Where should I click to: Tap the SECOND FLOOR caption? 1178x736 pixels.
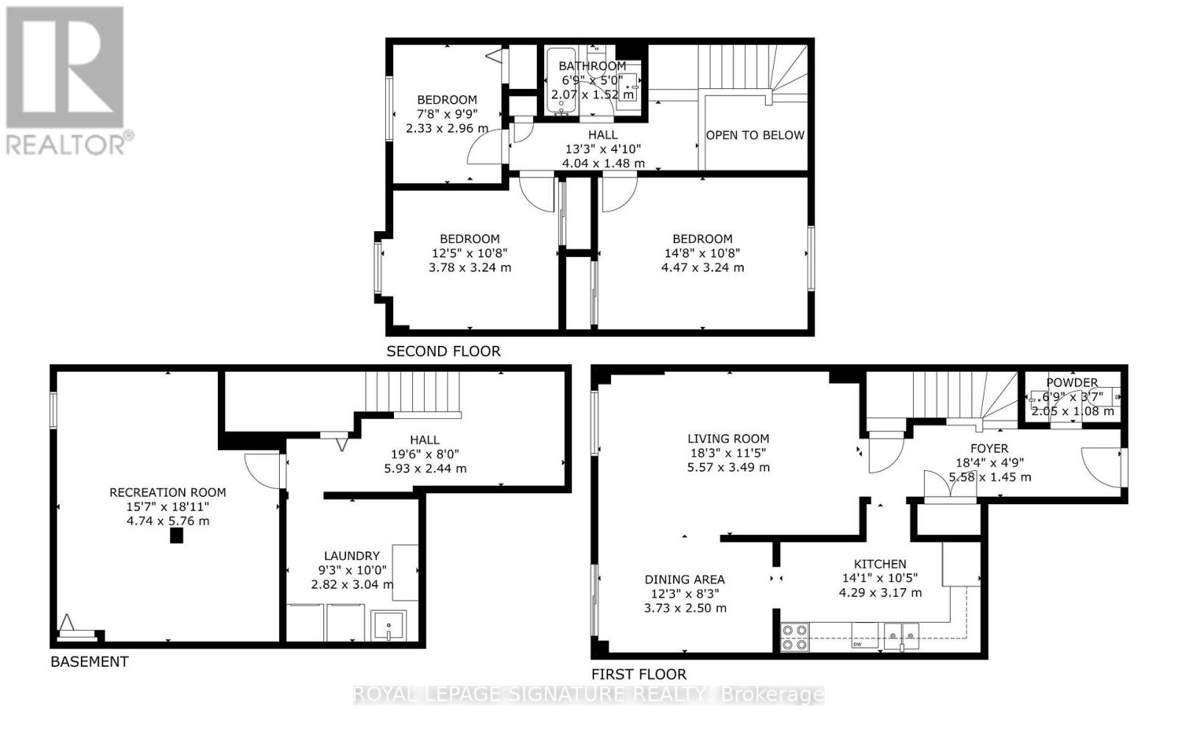coord(443,351)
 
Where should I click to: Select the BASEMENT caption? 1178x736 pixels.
coord(89,662)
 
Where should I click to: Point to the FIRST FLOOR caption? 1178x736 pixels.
coord(639,674)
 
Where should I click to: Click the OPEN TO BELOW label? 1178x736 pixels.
coord(755,135)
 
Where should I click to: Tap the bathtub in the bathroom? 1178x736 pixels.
coord(560,81)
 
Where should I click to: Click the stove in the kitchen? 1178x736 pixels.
coord(794,637)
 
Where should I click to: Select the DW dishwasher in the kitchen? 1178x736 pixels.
coord(864,636)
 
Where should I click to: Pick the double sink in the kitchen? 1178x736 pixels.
coord(901,636)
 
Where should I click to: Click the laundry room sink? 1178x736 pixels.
coord(389,626)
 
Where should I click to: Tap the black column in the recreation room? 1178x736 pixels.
coord(176,536)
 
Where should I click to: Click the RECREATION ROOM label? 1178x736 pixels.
coord(168,492)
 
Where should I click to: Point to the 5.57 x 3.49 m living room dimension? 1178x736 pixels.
coord(728,467)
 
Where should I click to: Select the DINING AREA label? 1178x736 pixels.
coord(685,579)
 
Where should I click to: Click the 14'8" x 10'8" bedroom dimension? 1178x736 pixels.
coord(702,253)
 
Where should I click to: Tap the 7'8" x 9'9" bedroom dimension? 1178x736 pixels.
coord(447,114)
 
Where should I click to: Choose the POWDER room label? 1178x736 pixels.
coord(1072,383)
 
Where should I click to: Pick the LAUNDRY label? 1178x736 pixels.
coord(351,556)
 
